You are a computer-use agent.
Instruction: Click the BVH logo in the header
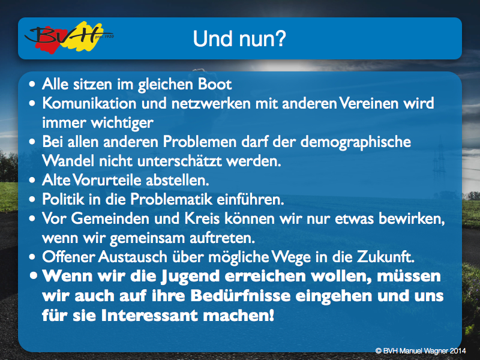(x=69, y=37)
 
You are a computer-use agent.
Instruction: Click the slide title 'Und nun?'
(x=239, y=39)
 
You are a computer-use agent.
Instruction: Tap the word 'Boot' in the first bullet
(x=215, y=84)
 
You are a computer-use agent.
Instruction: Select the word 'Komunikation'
(x=89, y=103)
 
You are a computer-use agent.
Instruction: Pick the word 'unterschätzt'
(x=179, y=161)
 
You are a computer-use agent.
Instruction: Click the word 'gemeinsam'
(x=147, y=238)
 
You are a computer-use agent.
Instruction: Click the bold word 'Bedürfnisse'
(x=241, y=296)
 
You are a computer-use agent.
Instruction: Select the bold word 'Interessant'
(x=149, y=316)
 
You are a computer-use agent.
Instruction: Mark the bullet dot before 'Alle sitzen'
(x=32, y=85)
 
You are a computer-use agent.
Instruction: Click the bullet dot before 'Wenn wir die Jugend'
(x=34, y=276)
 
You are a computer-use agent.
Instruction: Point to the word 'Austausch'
(x=133, y=257)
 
